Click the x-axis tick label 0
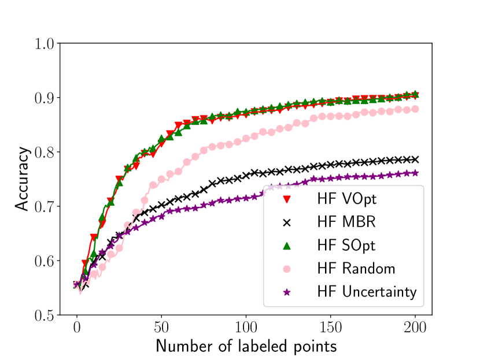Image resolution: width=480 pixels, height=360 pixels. [x=76, y=328]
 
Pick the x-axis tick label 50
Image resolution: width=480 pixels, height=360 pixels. [x=161, y=328]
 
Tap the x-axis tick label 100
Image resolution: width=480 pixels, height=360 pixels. [x=246, y=328]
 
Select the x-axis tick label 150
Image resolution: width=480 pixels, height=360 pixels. [x=330, y=328]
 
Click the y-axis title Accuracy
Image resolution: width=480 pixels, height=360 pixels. [x=21, y=179]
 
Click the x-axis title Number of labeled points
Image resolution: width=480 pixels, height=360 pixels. [x=246, y=346]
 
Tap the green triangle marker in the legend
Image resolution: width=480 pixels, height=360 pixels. [x=286, y=246]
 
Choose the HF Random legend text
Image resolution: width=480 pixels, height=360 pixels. [x=356, y=269]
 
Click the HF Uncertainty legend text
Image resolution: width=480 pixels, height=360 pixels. [x=367, y=292]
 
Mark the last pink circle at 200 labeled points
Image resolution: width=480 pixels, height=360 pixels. [x=415, y=109]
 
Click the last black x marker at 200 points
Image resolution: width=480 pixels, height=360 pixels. [x=415, y=159]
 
